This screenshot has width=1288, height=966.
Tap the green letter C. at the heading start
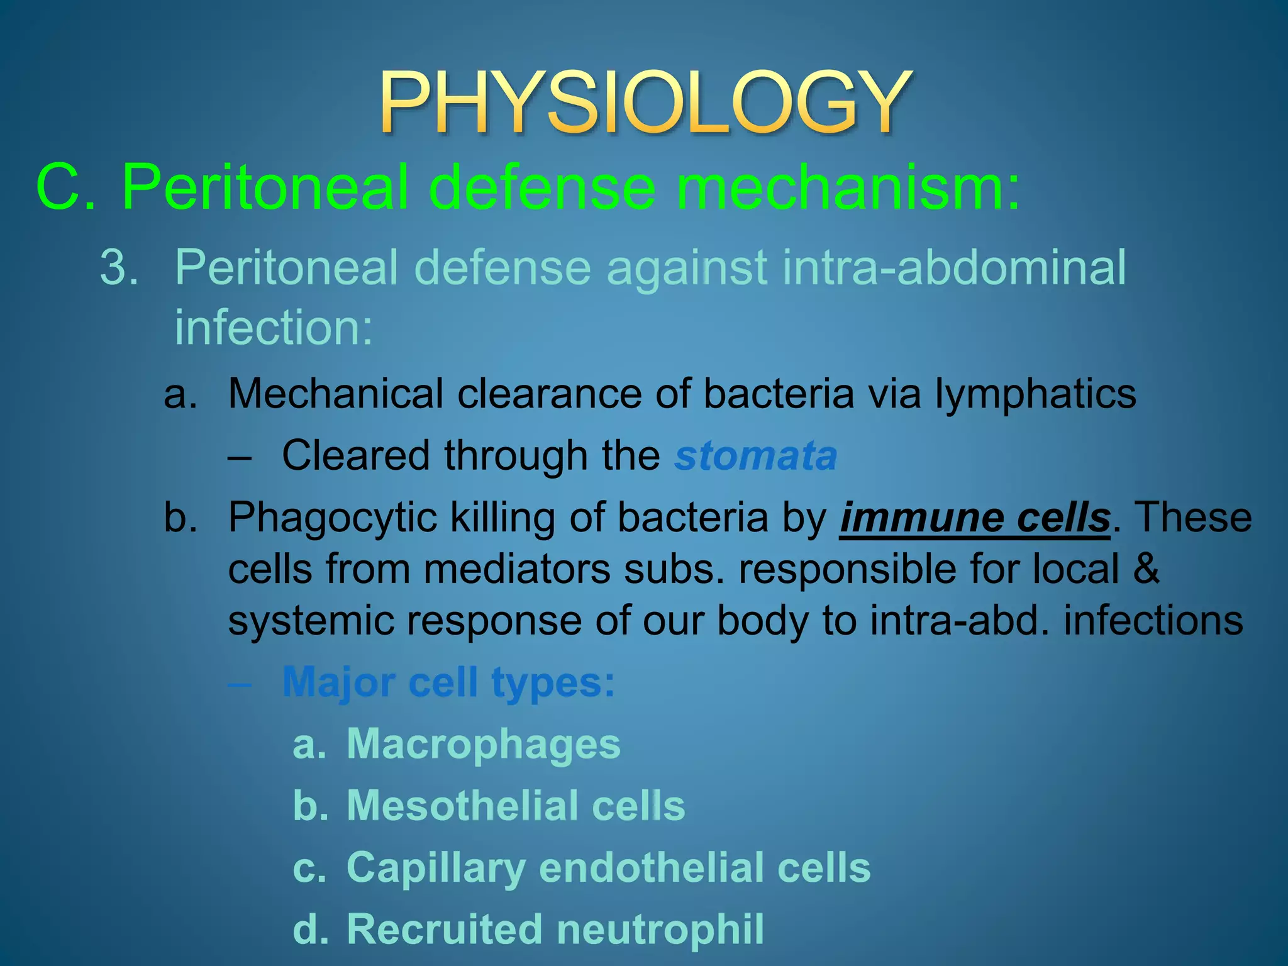[65, 187]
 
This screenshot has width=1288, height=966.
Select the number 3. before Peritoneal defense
[119, 267]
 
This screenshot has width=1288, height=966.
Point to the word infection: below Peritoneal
[274, 328]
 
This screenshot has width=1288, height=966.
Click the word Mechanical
[336, 394]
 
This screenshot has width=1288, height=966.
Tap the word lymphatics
[1035, 394]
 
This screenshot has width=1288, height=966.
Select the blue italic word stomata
[755, 455]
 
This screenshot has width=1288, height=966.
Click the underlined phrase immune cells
[975, 518]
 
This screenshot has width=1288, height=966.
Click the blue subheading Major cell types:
[448, 682]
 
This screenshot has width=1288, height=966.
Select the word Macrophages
[483, 744]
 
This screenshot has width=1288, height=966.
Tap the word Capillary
[436, 868]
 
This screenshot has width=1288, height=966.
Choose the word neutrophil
[660, 930]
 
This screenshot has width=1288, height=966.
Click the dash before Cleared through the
[240, 457]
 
